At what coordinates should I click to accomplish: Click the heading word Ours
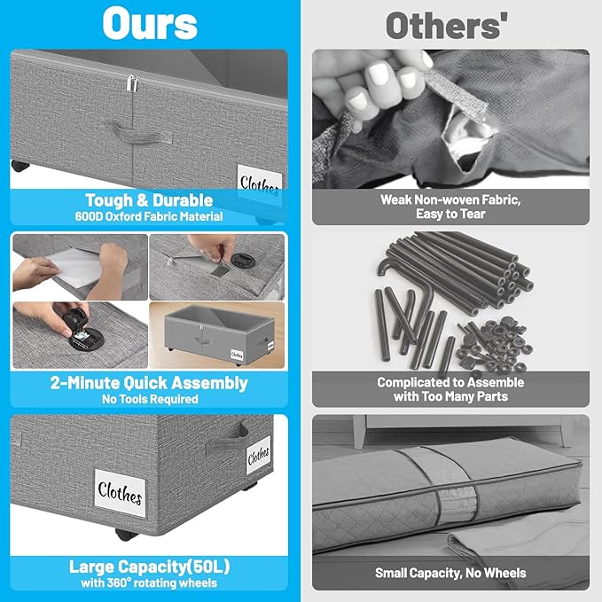click(150, 24)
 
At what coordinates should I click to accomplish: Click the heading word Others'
click(447, 26)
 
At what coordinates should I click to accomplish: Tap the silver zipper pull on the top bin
click(132, 83)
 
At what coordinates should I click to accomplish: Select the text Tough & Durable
click(149, 200)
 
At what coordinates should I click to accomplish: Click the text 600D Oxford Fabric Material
click(149, 216)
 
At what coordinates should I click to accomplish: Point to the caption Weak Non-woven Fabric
click(450, 199)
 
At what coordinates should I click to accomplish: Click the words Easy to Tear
click(450, 214)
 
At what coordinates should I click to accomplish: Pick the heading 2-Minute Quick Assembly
click(149, 383)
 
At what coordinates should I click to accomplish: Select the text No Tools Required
click(150, 399)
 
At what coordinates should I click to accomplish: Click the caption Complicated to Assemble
click(450, 382)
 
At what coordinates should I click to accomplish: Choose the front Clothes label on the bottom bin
click(120, 493)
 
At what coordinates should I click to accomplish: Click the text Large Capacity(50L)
click(149, 567)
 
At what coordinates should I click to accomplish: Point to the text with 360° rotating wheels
click(149, 582)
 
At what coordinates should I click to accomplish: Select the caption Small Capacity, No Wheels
click(450, 573)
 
